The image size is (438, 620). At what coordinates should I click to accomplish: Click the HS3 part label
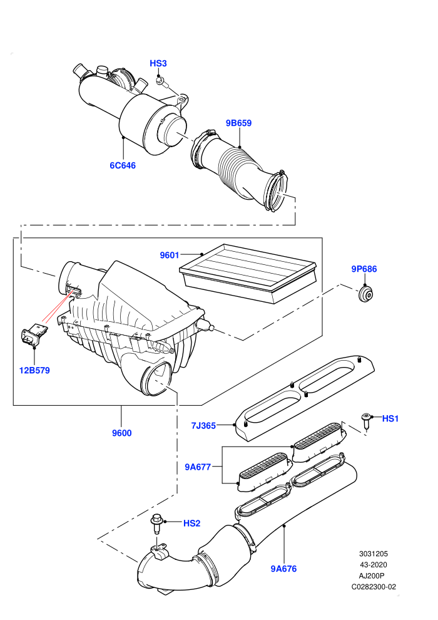(158, 63)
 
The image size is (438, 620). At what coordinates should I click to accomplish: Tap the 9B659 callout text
(238, 123)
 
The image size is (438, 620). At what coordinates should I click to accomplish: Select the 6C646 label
(123, 165)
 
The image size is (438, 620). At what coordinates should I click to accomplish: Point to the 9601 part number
(170, 256)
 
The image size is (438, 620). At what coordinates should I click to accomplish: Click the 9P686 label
(364, 269)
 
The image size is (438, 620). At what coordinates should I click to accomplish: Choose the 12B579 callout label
(34, 371)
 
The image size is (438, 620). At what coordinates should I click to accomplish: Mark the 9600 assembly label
(121, 433)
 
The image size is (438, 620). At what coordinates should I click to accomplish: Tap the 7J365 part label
(203, 425)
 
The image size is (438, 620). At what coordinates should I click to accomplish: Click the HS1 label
(390, 418)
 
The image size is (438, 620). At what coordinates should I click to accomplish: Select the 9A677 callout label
(198, 467)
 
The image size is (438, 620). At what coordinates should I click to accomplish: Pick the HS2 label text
(191, 523)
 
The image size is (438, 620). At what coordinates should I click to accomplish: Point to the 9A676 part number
(283, 569)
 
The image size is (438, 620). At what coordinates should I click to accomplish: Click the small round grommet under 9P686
(366, 294)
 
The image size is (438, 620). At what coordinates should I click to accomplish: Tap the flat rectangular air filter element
(248, 273)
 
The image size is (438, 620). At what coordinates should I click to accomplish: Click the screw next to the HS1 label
(366, 421)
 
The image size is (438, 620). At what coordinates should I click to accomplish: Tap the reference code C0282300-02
(374, 587)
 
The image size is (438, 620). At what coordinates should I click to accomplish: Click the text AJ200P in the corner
(371, 576)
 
